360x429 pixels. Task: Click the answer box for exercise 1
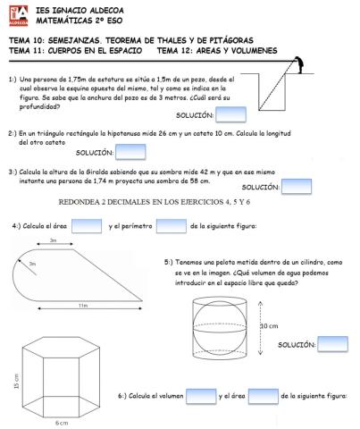tap(230, 114)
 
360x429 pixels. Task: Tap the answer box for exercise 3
tap(295, 186)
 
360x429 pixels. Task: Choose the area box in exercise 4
tap(85, 226)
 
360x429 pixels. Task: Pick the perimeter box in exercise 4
tap(170, 226)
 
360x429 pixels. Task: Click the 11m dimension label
tap(82, 306)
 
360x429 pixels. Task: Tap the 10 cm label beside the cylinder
tap(268, 326)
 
